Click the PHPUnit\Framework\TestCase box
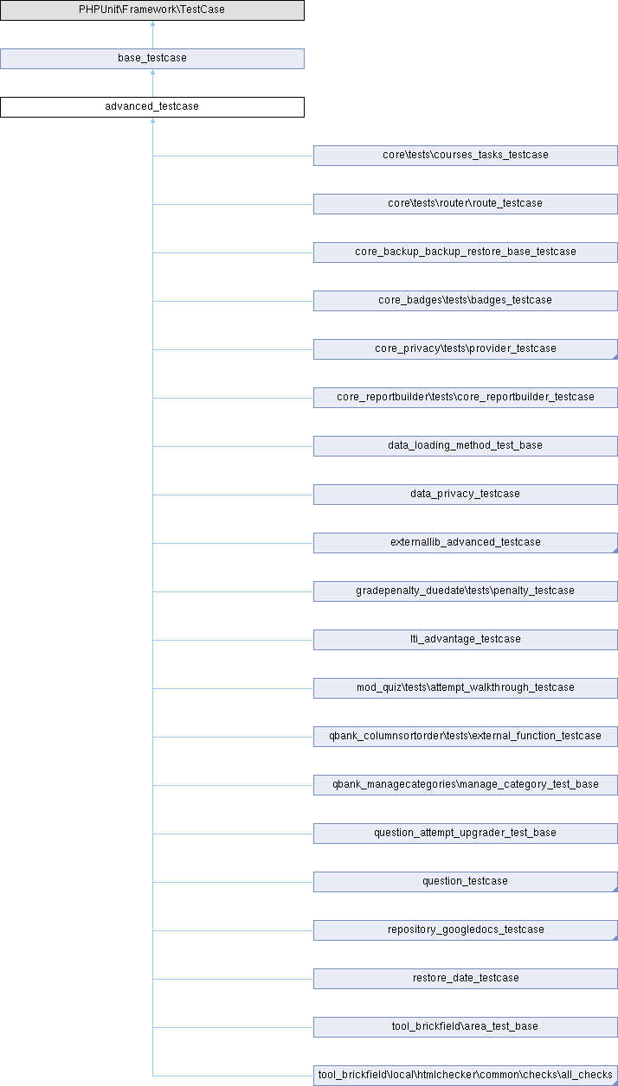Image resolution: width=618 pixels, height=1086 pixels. (x=152, y=10)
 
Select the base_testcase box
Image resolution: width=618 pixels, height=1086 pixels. (x=152, y=59)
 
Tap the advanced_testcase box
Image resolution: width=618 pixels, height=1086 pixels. (x=152, y=107)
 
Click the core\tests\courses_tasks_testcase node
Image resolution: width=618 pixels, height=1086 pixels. (x=465, y=156)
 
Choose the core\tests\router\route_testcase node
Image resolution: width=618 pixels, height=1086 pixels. (x=465, y=204)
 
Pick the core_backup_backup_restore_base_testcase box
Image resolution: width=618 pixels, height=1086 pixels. (x=465, y=252)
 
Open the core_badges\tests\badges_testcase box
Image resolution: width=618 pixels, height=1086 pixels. (x=465, y=301)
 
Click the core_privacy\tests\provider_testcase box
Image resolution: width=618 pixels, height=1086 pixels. (x=465, y=349)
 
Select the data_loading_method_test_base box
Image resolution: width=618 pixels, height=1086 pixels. (x=465, y=446)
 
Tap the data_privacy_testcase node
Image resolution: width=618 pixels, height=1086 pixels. (x=465, y=495)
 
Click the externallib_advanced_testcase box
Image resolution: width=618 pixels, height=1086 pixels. (x=465, y=543)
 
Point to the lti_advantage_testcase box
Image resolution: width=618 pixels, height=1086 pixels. (x=465, y=640)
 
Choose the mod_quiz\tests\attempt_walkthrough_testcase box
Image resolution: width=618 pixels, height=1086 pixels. (x=465, y=688)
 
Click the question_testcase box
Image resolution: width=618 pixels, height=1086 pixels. (x=465, y=882)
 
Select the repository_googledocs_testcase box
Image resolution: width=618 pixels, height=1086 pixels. (x=465, y=930)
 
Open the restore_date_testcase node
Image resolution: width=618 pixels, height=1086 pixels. (x=465, y=979)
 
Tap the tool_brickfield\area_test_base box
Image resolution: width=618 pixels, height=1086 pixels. (x=465, y=1027)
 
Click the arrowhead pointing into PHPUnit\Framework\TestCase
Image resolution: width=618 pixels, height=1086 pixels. (x=153, y=23)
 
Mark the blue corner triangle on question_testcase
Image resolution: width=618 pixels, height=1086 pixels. (x=615, y=890)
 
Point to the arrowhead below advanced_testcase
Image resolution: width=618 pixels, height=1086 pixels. (x=153, y=120)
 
